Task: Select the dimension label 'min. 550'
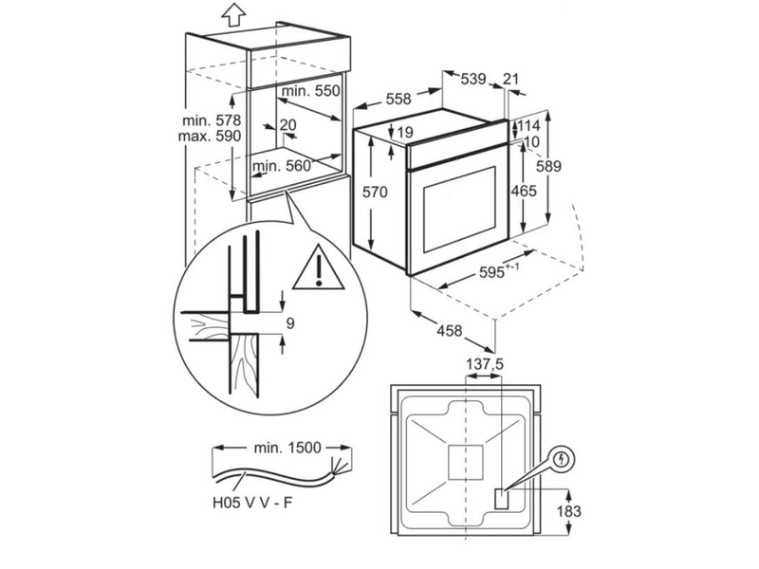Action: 310,91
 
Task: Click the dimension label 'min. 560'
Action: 283,166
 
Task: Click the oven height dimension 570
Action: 376,193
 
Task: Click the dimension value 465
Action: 523,191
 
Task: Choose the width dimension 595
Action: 493,271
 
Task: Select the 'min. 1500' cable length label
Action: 285,445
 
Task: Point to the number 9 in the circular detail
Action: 290,323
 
